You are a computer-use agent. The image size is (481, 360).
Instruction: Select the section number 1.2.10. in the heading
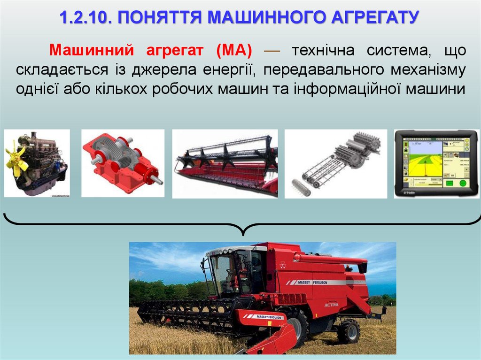pos(85,18)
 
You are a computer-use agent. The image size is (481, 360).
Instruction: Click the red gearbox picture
pos(123,163)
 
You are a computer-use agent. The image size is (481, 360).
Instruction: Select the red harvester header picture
pos(225,164)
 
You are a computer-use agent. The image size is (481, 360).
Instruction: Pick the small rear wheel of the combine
pos(349,330)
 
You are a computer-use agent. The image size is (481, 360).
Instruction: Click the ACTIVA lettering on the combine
pos(331,305)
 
